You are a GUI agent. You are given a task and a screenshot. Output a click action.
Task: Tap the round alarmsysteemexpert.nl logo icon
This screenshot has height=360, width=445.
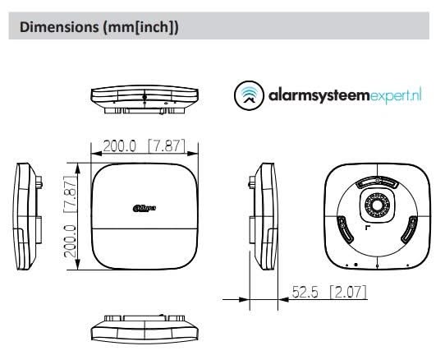(247, 95)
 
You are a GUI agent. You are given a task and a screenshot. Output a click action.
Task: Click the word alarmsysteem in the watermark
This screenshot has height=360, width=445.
(315, 95)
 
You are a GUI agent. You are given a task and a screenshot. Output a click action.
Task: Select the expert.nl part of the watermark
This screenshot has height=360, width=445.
(396, 95)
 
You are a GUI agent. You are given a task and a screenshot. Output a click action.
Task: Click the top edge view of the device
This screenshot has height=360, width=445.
(144, 97)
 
